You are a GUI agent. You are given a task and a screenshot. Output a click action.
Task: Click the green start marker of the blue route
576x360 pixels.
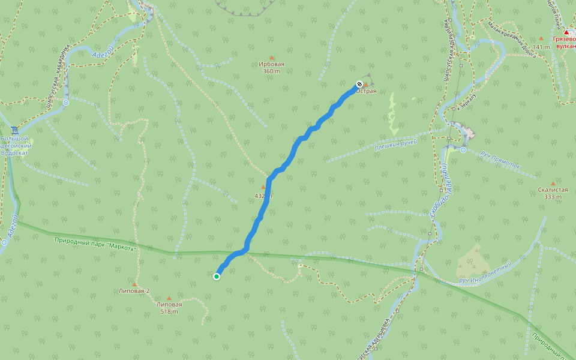tap(217, 276)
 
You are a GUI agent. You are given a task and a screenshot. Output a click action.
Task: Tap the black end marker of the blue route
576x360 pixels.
tap(359, 84)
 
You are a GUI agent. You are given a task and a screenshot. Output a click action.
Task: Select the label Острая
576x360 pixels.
tap(367, 91)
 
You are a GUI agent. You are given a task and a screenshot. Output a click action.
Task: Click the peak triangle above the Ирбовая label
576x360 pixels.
tap(271, 58)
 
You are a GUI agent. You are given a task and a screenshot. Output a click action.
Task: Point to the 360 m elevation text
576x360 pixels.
tap(271, 71)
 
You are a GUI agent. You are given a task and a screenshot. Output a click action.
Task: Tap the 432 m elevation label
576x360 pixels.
tap(263, 196)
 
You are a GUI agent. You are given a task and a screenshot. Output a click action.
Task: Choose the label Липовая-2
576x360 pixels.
tap(134, 291)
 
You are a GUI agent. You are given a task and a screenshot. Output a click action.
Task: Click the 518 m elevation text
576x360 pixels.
tap(169, 311)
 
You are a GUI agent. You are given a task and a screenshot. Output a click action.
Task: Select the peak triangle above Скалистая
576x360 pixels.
tap(553, 183)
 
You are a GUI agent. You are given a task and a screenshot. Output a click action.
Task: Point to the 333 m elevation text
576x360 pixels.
tap(553, 197)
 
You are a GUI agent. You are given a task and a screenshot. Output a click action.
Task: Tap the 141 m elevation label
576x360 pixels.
tap(541, 47)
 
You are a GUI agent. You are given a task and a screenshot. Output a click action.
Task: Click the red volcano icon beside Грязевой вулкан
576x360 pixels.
tap(566, 32)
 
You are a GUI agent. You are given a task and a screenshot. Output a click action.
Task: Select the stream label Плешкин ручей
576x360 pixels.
tap(395, 145)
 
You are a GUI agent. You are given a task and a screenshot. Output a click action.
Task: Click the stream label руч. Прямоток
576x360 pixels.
tap(500, 159)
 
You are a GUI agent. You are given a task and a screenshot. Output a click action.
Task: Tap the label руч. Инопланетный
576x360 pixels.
tap(485, 272)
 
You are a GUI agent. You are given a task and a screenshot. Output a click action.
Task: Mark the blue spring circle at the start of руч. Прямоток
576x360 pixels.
tap(463, 150)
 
